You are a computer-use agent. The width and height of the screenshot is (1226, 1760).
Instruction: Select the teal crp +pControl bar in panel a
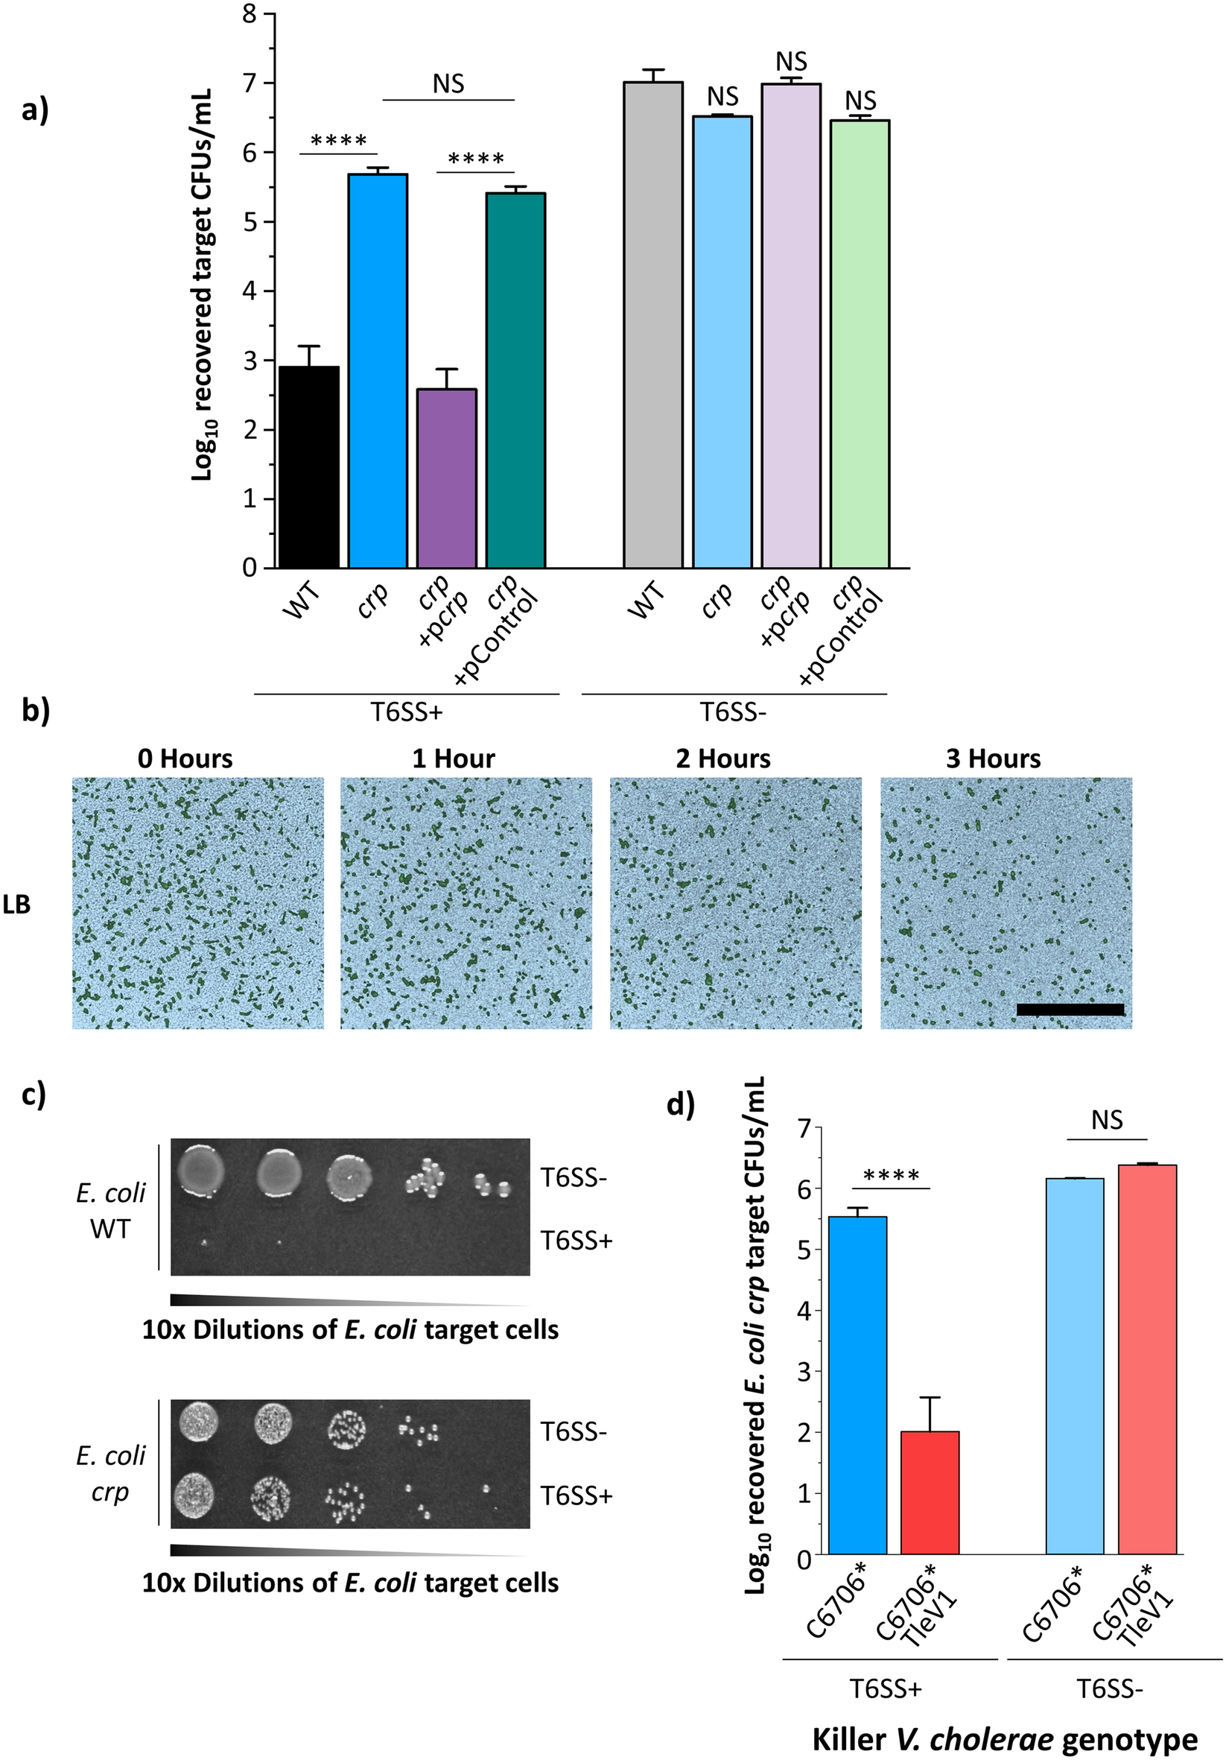[x=515, y=381]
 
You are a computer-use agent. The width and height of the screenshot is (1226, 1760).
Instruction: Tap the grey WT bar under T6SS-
[x=652, y=325]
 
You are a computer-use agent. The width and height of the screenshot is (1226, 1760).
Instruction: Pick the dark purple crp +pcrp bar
[x=447, y=479]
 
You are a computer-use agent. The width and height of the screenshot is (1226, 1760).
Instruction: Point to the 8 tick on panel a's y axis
[x=250, y=14]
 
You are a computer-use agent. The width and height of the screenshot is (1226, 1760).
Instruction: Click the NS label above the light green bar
[x=860, y=101]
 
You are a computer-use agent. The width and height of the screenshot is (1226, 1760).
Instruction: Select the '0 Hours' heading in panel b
[x=185, y=759]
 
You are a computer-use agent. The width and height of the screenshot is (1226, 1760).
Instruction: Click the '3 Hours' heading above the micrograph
[x=993, y=759]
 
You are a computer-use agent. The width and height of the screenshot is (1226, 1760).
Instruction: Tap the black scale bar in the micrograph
[x=1070, y=1010]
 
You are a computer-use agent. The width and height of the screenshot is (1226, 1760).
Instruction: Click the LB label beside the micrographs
[x=16, y=905]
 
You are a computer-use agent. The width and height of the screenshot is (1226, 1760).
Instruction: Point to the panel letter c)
[x=34, y=1094]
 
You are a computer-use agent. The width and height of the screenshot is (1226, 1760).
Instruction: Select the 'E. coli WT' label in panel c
[x=110, y=1211]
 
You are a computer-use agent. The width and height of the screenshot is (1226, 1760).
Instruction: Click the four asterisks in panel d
[x=891, y=1177]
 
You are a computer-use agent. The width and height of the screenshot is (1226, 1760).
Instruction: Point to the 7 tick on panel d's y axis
[x=804, y=1128]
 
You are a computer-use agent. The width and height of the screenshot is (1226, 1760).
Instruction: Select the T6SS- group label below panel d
[x=1111, y=1688]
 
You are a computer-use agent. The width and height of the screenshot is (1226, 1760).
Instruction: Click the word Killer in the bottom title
[x=848, y=1739]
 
